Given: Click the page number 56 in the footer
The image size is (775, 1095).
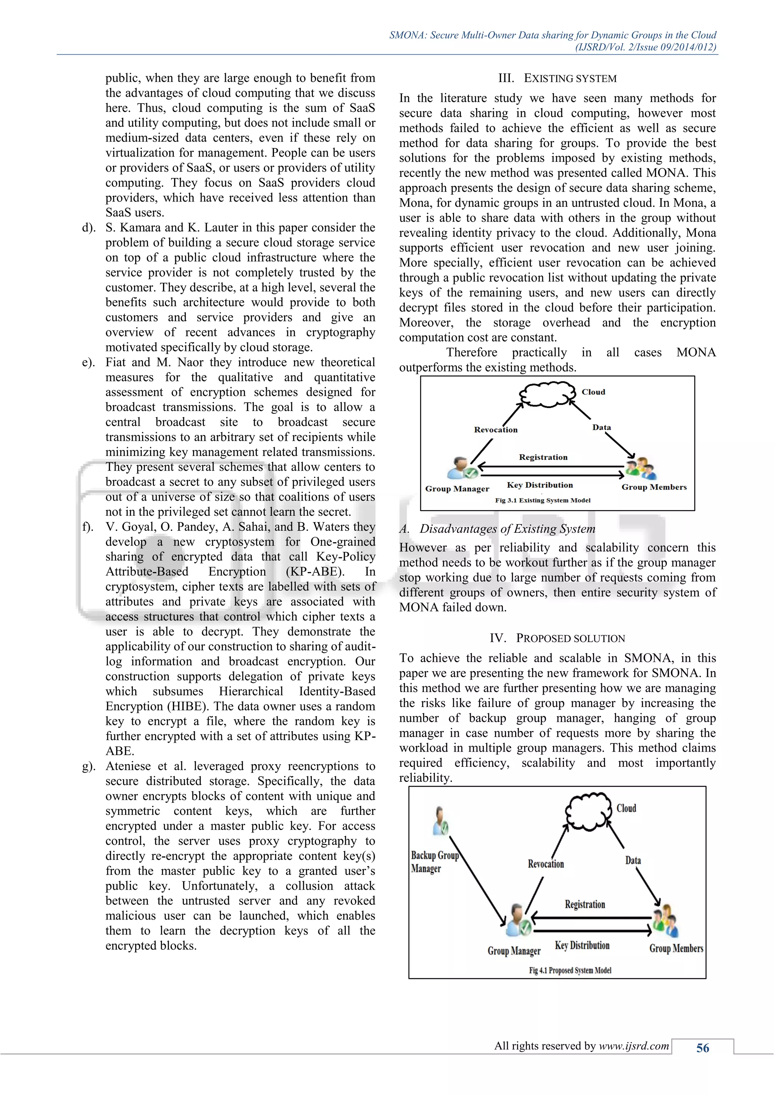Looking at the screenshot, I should pos(702,1048).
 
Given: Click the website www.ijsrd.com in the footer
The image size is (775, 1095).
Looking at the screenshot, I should pos(634,1046).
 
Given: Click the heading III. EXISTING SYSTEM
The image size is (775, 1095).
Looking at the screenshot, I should pos(557,78).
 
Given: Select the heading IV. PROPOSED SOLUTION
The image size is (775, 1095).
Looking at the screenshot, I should pos(557,638).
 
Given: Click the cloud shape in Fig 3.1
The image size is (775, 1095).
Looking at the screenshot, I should pos(547,394).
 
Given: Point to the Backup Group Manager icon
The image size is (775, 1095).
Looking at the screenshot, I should pos(439,821).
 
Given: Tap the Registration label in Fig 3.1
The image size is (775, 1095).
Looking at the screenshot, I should pos(543,457).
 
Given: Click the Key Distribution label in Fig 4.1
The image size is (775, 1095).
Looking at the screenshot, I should pos(582,945).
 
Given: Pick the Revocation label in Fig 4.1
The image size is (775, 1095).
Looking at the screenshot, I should pos(545,864).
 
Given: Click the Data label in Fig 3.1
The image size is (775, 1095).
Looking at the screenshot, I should pos(601,427).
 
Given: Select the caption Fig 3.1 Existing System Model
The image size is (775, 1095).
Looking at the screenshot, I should pos(543,500).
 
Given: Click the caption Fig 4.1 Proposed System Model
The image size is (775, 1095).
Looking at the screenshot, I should pos(570,970).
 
